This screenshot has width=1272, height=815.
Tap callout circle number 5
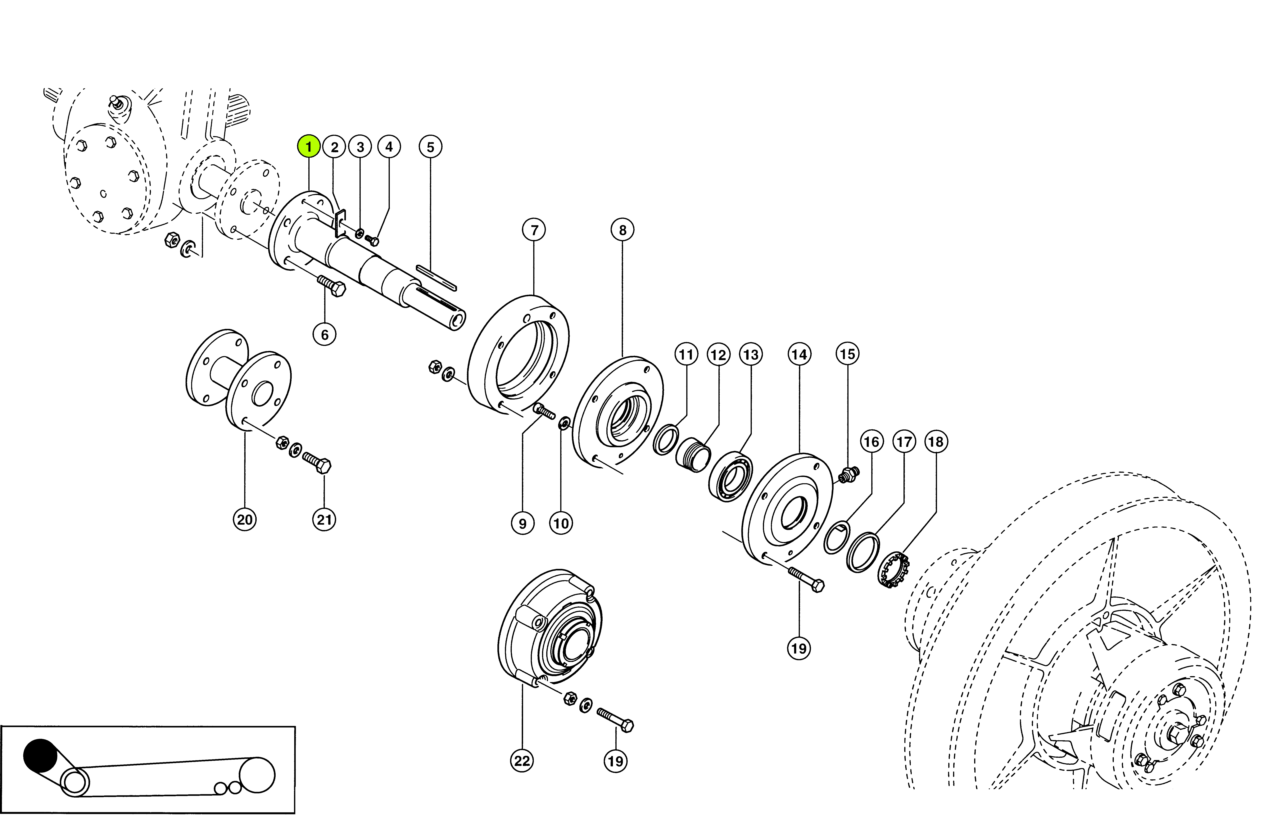[430, 147]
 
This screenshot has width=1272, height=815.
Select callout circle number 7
[534, 230]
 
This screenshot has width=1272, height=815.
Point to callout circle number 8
[622, 230]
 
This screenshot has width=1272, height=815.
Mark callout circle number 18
[935, 441]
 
